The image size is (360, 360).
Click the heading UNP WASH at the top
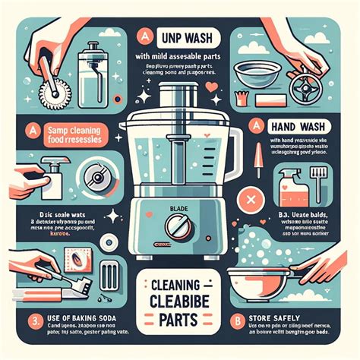pos(186,38)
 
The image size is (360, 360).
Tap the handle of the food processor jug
pos(235,144)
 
